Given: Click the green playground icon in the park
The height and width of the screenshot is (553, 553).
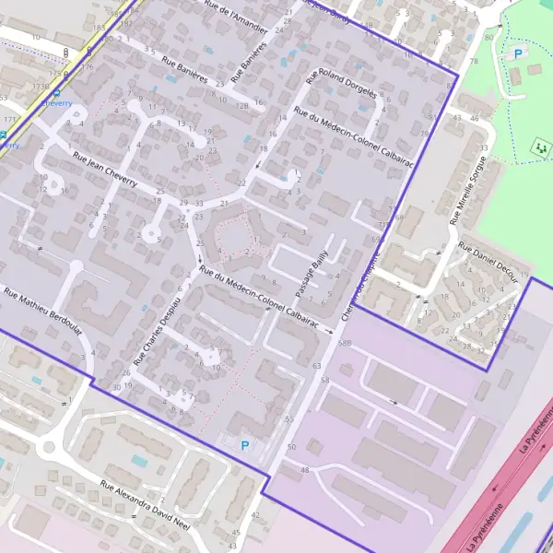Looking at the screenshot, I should point(539,146).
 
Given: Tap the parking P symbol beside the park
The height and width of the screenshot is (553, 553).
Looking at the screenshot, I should point(517,54).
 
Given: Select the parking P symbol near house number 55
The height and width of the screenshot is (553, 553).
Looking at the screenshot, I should point(245,445).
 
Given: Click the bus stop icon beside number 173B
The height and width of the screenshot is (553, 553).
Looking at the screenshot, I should point(56,93).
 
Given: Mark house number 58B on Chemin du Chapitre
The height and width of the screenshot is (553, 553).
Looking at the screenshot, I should point(345,343).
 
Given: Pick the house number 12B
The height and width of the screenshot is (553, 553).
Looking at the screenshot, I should point(242,105).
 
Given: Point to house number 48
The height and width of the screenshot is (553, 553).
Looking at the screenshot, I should point(304,471).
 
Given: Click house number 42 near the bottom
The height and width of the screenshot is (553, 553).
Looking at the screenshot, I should point(255,514).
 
